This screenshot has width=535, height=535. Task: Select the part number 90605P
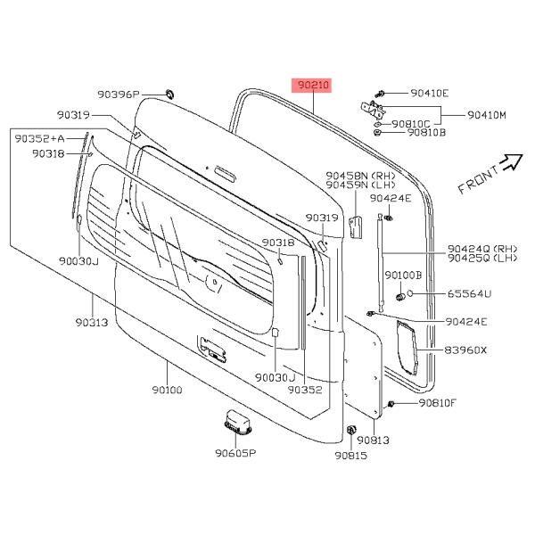pos(235,453)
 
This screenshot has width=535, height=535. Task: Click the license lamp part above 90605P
pos(235,420)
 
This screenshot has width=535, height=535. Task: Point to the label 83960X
pos(466,350)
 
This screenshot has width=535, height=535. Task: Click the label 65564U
pos(469,293)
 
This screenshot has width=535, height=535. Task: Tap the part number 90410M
pos(486,115)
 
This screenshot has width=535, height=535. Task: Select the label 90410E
pos(430,93)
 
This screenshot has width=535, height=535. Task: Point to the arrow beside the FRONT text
pos(511,160)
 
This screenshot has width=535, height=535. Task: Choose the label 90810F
pos(436,404)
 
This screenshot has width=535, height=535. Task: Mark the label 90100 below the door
pos(167,390)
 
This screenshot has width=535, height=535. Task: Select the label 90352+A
pos(41,138)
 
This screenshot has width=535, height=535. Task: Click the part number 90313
pos(91,322)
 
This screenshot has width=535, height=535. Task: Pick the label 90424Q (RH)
pos(481,250)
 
